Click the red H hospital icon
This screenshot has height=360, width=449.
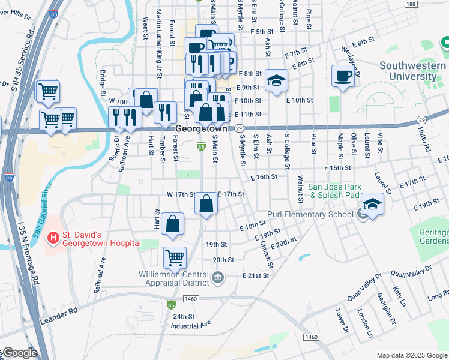point(54,238)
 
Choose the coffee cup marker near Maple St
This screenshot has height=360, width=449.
point(343,76)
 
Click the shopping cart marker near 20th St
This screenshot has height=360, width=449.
point(175,257)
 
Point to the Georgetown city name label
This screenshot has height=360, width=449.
point(202,129)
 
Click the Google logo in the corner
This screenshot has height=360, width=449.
point(19,353)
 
